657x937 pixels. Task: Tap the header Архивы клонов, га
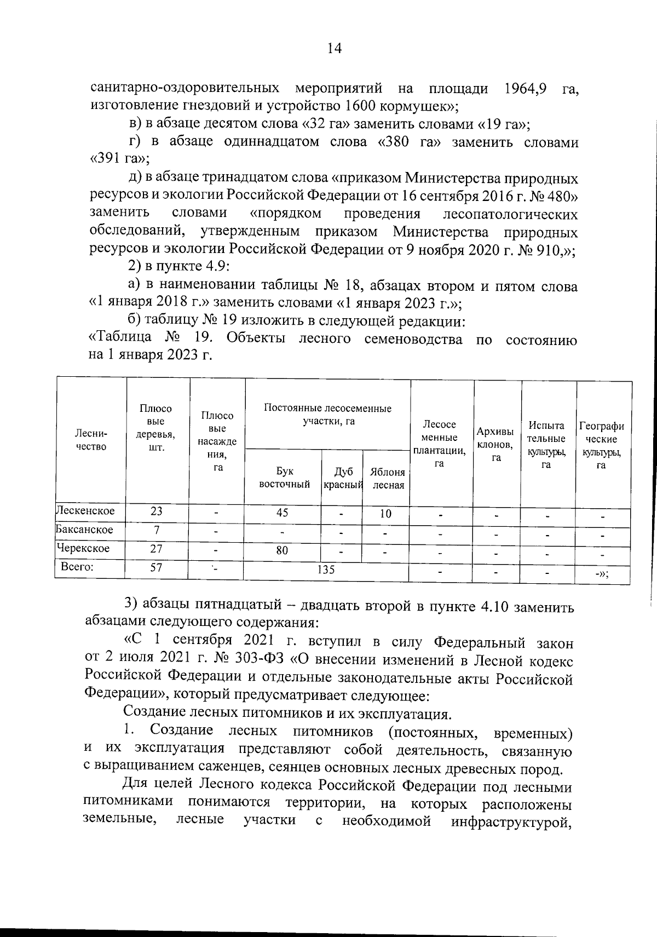[x=496, y=444]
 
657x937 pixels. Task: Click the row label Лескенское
[x=87, y=511]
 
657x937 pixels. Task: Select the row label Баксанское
[x=85, y=530]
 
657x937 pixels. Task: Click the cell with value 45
[x=283, y=513]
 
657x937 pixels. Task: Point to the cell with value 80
[x=282, y=550]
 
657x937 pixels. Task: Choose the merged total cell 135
[x=326, y=570]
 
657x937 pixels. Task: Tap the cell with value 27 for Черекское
[x=157, y=549]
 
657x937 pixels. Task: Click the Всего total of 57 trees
[x=157, y=567]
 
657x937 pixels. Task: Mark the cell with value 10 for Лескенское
[x=385, y=514]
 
